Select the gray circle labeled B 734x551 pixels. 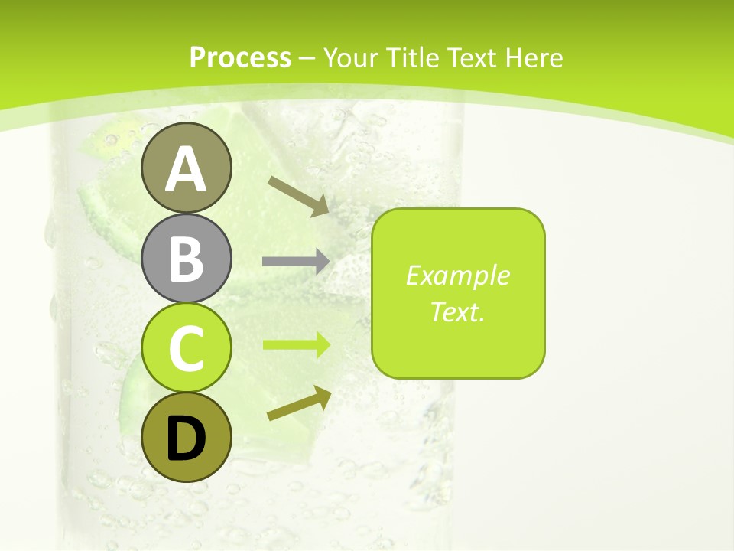pos(186,258)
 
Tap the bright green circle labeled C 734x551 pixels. pos(186,348)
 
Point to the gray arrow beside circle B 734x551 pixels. pos(297,261)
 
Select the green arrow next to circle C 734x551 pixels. pos(297,344)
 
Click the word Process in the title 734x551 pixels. pos(240,57)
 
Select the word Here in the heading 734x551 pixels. pos(535,57)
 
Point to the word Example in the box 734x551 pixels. pos(457,275)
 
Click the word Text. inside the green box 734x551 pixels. pos(457,311)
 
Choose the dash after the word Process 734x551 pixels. pos(307,58)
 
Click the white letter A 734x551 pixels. pos(186,170)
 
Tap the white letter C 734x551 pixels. pos(186,348)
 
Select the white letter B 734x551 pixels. pos(186,258)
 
